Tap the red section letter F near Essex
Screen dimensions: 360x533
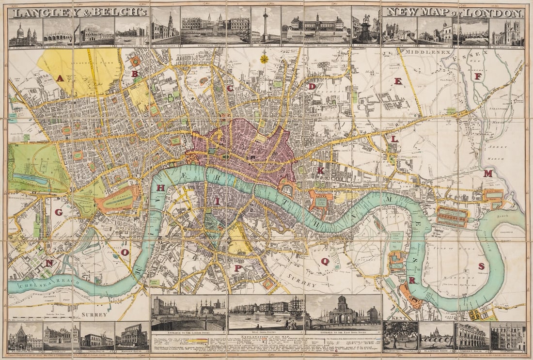pyautogui.click(x=478, y=76)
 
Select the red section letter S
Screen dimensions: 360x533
pyautogui.click(x=481, y=266)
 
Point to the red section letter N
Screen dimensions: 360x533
pyautogui.click(x=49, y=263)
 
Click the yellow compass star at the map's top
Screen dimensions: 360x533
pyautogui.click(x=264, y=59)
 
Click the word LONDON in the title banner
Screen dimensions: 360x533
pyautogui.click(x=494, y=13)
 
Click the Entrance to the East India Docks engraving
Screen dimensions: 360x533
pyautogui.click(x=344, y=313)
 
